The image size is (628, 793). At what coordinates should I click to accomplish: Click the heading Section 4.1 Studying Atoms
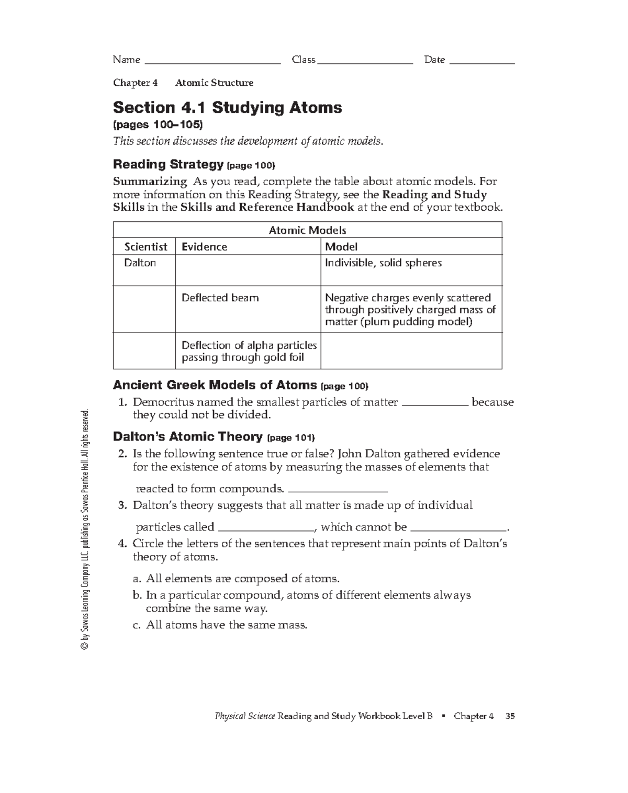(x=227, y=108)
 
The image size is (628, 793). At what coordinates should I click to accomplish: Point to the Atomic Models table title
(x=307, y=230)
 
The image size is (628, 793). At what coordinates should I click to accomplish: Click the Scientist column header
(x=145, y=247)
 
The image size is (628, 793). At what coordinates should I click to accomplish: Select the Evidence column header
(x=204, y=247)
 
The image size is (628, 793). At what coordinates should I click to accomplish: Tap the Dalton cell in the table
(x=140, y=263)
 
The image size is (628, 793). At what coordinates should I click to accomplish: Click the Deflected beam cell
(x=220, y=298)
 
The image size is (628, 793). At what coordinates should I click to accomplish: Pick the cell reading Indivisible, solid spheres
(x=383, y=263)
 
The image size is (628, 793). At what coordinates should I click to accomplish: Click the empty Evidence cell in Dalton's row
(x=248, y=270)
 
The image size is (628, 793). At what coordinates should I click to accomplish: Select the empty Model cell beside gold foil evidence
(x=411, y=351)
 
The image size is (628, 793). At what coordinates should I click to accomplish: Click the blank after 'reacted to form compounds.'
(x=338, y=490)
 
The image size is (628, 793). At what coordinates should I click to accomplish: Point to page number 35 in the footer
(x=510, y=716)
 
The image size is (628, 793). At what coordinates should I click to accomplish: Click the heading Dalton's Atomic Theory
(x=188, y=437)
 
